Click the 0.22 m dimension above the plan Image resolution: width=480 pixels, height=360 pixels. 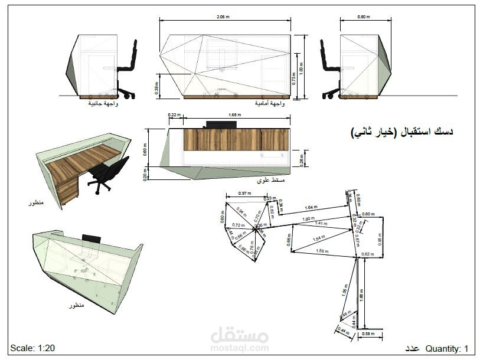173,114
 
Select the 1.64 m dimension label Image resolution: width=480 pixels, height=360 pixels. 311,208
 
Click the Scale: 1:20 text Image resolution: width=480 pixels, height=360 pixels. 32,348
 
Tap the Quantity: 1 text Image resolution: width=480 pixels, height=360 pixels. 447,348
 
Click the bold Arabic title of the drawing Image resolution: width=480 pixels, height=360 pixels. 402,133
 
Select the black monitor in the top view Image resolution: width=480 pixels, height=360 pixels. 221,125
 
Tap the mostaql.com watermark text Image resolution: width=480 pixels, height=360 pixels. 239,348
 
